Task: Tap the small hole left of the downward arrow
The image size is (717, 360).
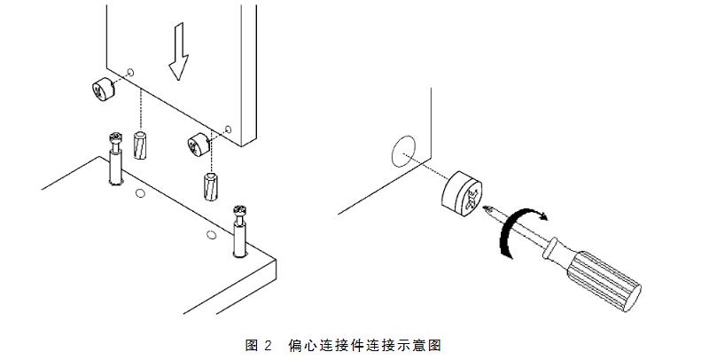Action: coord(130,70)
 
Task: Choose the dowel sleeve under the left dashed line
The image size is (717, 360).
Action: coord(138,145)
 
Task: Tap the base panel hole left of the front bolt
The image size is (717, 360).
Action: coord(210,233)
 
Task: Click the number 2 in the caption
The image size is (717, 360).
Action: coord(267,346)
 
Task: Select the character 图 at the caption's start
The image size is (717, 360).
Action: coord(251,346)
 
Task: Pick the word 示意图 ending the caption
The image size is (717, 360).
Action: coord(423,346)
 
